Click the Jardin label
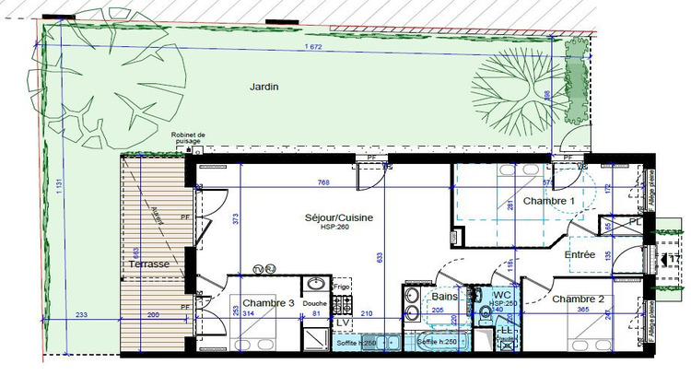(x=264, y=87)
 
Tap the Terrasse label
(x=149, y=264)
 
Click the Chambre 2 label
(x=579, y=299)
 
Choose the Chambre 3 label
(x=268, y=303)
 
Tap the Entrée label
(x=580, y=254)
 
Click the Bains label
(x=445, y=297)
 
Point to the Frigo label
(x=342, y=287)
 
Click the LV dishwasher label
(x=341, y=322)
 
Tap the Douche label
(x=314, y=303)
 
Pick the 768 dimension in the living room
(x=322, y=182)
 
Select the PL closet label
(x=635, y=222)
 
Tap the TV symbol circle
(x=259, y=269)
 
